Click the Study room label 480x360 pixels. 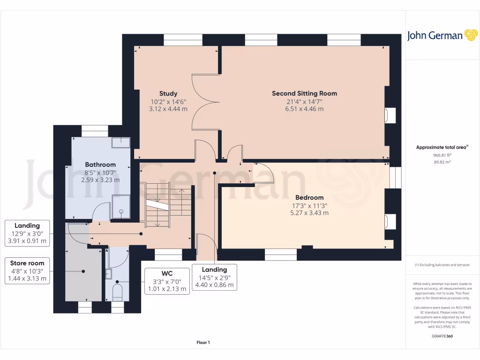168,94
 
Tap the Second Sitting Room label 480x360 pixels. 304,93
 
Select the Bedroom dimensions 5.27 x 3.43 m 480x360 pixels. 309,213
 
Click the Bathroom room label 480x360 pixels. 100,165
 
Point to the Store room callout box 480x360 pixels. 28,271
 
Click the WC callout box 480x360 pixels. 167,280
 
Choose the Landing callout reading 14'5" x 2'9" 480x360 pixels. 214,277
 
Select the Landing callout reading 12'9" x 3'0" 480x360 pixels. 28,233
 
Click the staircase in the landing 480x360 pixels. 166,205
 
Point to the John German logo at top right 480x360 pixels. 442,35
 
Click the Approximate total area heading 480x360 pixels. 442,147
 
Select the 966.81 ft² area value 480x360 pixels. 442,155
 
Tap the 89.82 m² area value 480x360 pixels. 442,162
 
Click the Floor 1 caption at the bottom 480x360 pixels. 203,343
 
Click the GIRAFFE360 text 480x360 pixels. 442,336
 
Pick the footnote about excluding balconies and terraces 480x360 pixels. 442,265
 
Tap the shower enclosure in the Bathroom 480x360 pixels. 121,207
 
